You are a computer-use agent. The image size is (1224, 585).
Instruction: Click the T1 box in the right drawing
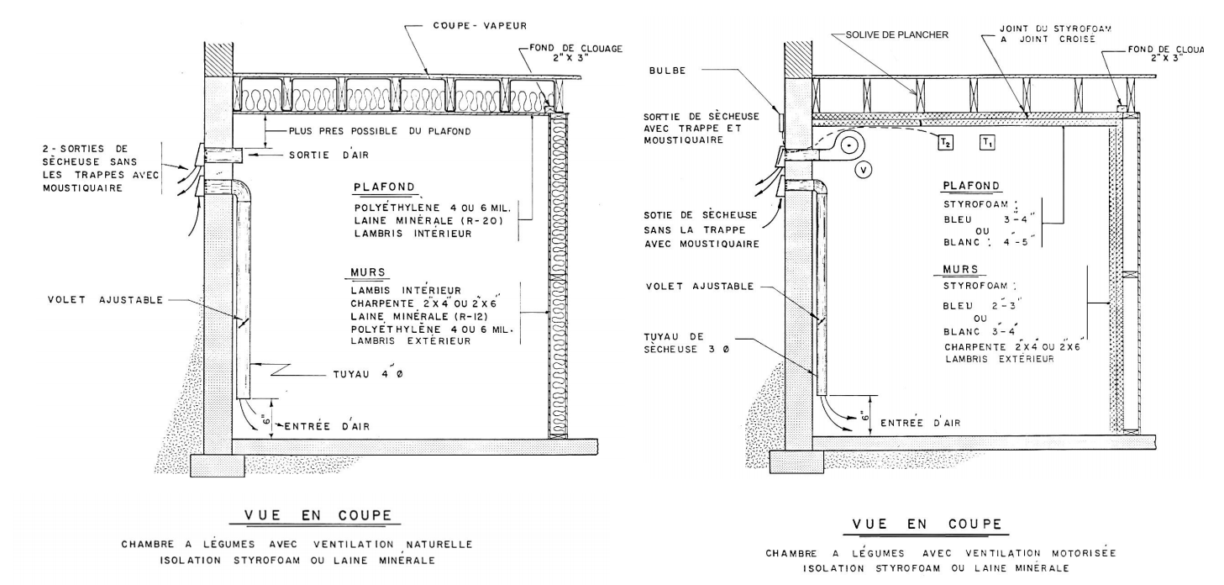pyautogui.click(x=988, y=142)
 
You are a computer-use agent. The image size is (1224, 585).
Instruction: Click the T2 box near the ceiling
pyautogui.click(x=946, y=142)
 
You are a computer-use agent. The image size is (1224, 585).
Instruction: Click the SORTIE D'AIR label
pyautogui.click(x=329, y=155)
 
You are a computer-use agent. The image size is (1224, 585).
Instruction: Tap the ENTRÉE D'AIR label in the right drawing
pyautogui.click(x=920, y=423)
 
